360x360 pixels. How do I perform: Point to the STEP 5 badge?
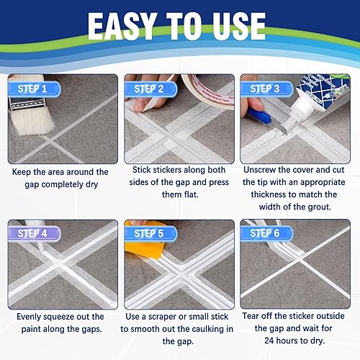(x=153, y=234)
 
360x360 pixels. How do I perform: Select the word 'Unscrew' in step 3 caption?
(x=260, y=171)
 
